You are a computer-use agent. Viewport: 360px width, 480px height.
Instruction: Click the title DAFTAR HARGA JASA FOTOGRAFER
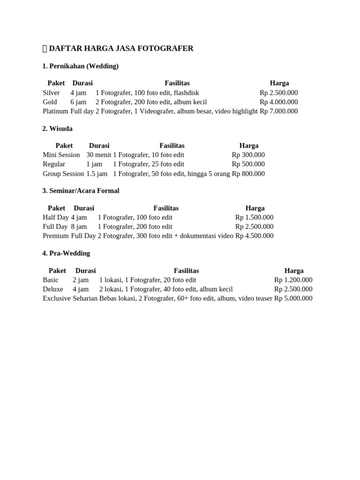[x=121, y=48]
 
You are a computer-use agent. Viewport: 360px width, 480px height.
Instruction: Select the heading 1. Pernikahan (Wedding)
[x=80, y=66]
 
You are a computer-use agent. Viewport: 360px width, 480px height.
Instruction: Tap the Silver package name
[x=51, y=93]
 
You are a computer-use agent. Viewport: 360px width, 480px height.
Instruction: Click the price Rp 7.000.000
[x=278, y=111]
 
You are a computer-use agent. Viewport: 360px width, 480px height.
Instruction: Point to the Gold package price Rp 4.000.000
[x=278, y=102]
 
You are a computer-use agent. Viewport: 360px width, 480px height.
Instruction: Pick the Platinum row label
[x=55, y=111]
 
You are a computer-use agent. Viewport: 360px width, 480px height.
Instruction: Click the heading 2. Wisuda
[x=57, y=128]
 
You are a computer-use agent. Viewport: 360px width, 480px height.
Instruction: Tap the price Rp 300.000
[x=248, y=155]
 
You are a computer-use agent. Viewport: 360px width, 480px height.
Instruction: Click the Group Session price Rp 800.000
[x=248, y=173]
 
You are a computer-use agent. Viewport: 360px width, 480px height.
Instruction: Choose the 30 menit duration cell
[x=98, y=155]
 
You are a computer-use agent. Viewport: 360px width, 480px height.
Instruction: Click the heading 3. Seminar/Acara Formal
[x=81, y=191]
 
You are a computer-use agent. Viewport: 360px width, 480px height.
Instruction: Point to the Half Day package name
[x=55, y=217]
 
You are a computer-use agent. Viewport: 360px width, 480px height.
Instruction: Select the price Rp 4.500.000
[x=254, y=236]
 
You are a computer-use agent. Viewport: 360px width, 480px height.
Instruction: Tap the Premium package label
[x=55, y=236]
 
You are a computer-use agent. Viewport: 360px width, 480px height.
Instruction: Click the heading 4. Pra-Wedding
[x=66, y=253]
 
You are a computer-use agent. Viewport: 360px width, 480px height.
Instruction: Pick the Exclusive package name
[x=56, y=298]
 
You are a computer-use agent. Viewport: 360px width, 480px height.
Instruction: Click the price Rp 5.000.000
[x=293, y=298]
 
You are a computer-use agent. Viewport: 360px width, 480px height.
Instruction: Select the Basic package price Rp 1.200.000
[x=293, y=280]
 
